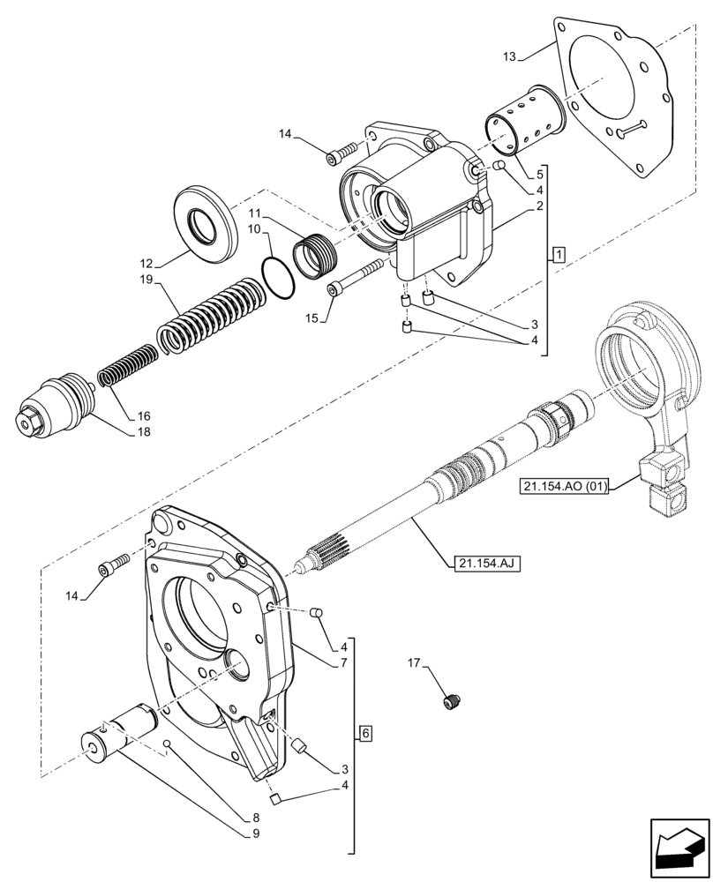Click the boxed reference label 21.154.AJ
pos(484,562)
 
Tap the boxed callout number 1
pos(559,256)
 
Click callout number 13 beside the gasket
pos(509,56)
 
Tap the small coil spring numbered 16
pos(128,362)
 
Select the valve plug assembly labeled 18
pos(55,409)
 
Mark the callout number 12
pos(146,263)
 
